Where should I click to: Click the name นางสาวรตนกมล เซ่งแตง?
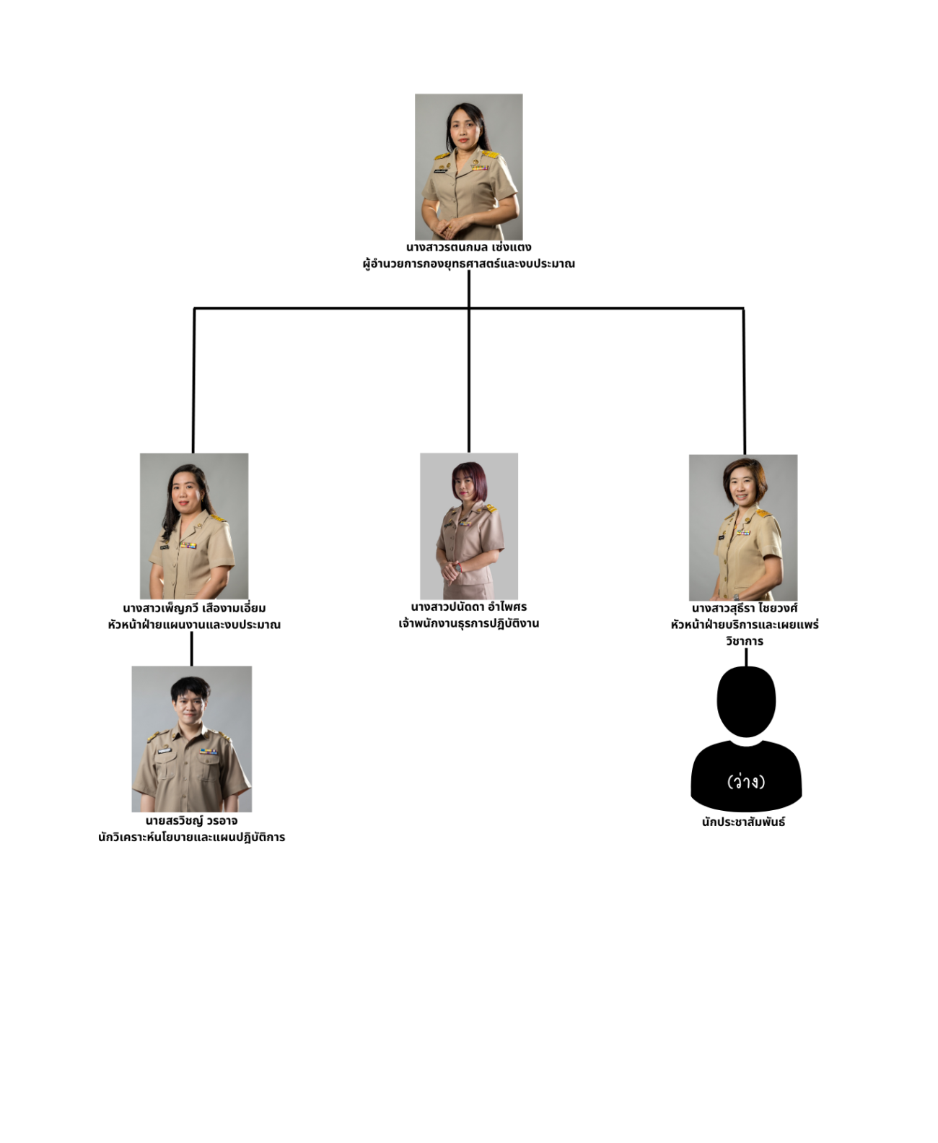point(468,247)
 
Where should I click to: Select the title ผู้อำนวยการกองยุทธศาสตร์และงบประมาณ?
point(468,264)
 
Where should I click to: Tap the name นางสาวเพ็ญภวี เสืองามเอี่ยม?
point(194,608)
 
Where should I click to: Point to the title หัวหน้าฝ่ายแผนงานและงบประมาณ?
point(194,625)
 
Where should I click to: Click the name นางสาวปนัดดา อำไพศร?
point(468,607)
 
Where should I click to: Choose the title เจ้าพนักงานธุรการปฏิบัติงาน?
point(468,623)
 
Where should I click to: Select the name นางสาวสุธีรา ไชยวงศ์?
point(744,608)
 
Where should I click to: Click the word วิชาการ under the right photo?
point(744,641)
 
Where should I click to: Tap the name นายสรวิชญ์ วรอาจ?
point(191,820)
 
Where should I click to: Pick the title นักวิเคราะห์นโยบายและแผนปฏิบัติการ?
point(191,838)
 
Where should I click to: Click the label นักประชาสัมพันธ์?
point(743,822)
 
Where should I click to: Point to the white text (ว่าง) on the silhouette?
point(746,781)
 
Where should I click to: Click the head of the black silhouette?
point(746,701)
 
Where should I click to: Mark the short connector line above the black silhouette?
point(746,657)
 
